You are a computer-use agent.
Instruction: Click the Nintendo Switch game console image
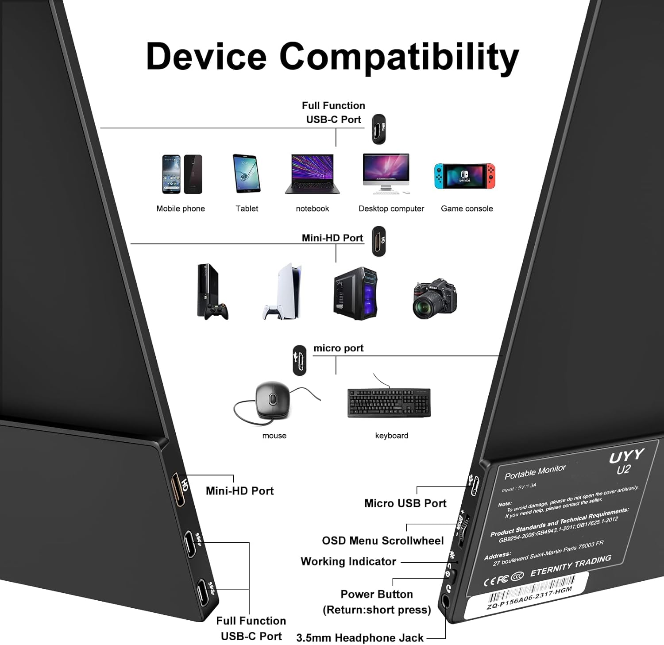(464, 176)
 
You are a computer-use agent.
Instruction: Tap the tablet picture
(247, 173)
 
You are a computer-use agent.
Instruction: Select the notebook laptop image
(313, 174)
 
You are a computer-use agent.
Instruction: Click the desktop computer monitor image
(386, 173)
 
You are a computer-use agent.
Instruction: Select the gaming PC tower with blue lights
(355, 293)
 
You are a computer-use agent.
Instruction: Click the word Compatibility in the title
(399, 57)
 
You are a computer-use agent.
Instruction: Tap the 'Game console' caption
(467, 209)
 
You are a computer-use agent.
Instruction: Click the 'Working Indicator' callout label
(348, 561)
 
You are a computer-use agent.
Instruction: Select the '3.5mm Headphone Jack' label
(359, 637)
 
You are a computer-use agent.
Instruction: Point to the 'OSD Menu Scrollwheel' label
(382, 541)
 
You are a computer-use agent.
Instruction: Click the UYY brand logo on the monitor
(626, 456)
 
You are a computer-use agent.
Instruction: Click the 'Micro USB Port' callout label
(405, 503)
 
